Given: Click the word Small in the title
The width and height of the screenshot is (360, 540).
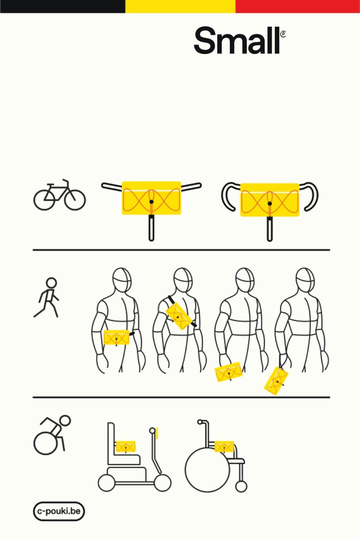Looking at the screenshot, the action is pos(237,40).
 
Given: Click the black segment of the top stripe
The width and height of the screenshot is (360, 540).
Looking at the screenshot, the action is pos(63,6).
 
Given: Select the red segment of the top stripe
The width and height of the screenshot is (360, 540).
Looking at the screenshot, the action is pos(298,6).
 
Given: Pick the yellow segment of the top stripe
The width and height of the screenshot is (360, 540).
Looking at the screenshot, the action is pos(180,6).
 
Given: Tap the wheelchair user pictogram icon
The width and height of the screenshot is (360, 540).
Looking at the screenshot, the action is pos(52,434).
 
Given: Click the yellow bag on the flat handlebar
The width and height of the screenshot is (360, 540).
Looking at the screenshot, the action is pos(151,198).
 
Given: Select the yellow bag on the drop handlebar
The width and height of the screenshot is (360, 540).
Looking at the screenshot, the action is pos(270,200).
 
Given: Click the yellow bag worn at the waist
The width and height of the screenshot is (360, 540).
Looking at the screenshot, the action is pos(116,337).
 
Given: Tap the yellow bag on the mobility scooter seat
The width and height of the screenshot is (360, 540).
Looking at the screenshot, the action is pos(126,447).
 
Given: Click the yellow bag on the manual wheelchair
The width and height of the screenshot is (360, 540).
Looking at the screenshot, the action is pos(224,447).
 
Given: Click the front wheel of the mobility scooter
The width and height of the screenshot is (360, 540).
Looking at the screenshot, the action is pos(163,483).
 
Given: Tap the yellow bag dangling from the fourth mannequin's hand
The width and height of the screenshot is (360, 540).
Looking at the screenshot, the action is pos(276,381).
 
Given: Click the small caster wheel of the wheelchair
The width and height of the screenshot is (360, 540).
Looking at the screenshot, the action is pos(241,487).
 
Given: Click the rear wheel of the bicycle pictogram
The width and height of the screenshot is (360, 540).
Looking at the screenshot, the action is pos(44,200).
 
